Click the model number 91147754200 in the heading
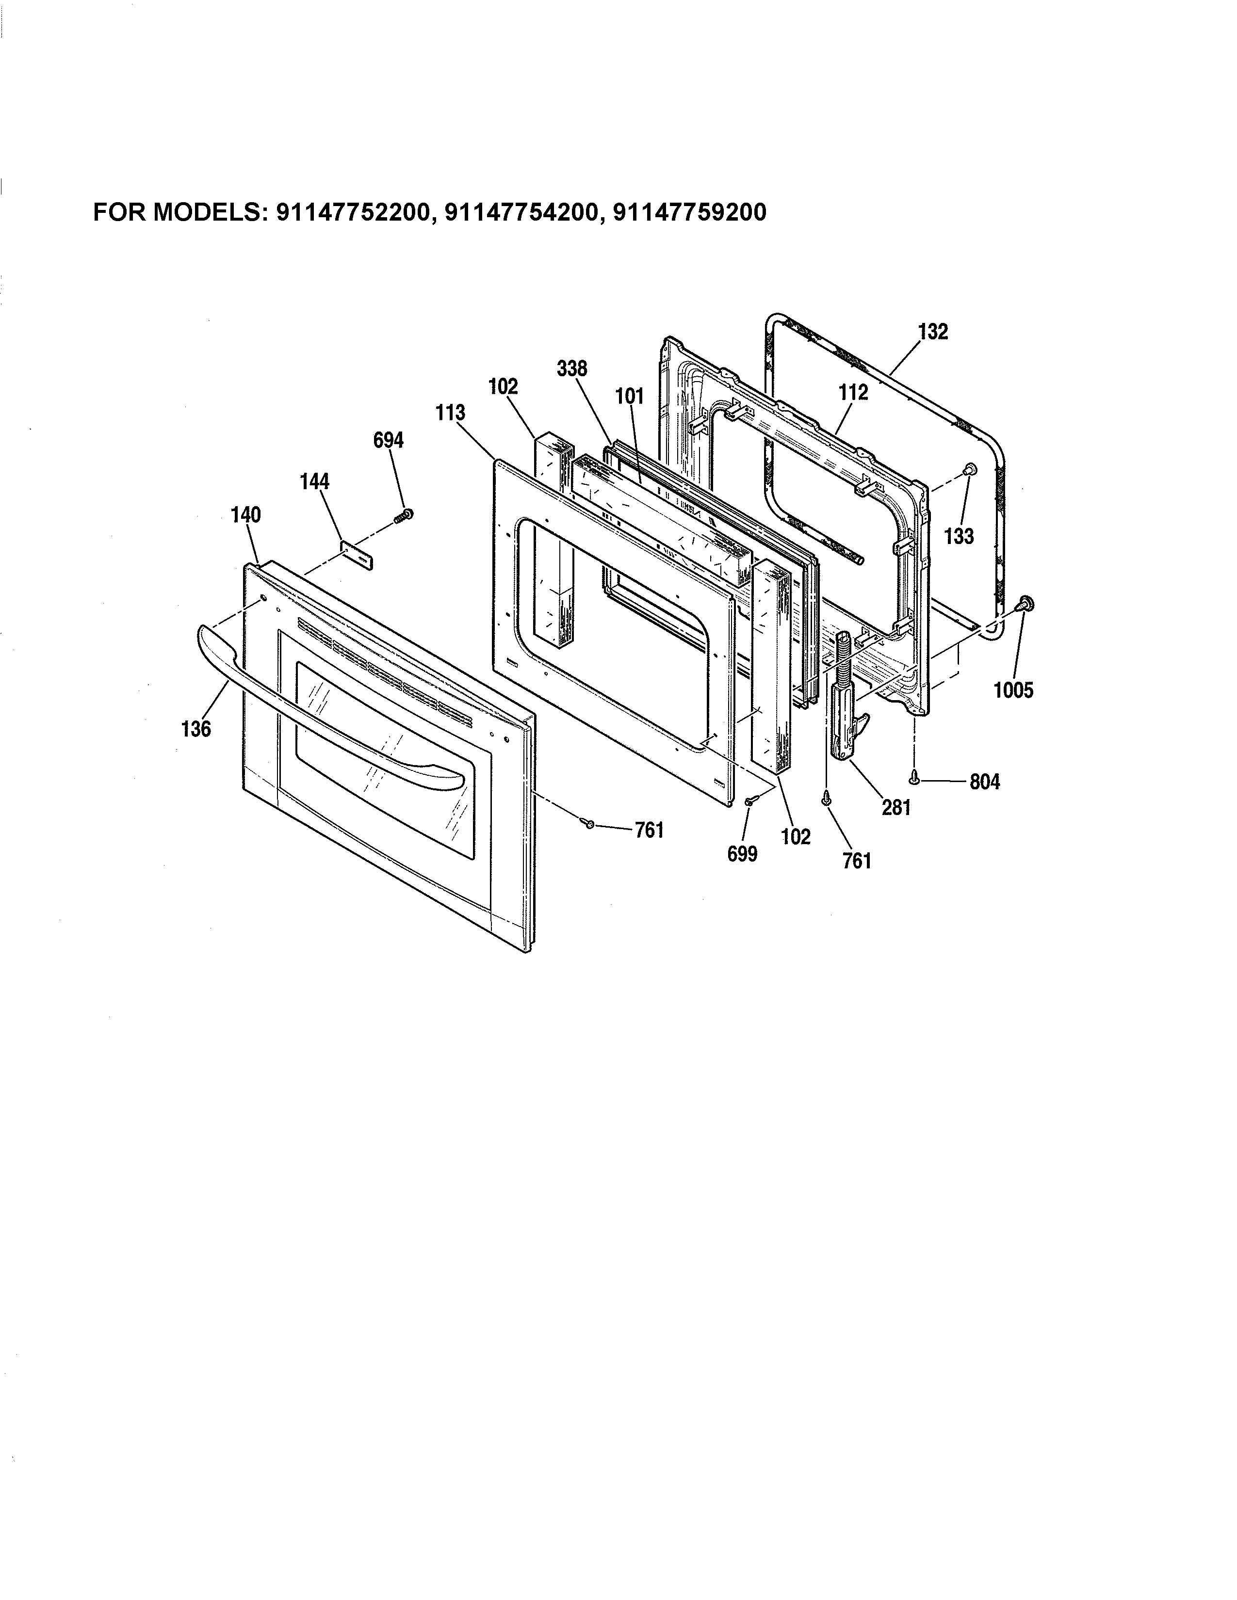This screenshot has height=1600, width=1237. pos(521,212)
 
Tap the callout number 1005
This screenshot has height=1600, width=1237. pos(1013,689)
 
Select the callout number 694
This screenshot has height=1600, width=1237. pos(389,440)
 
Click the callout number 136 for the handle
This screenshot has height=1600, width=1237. pos(195,728)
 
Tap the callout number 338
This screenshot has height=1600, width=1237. pos(571,368)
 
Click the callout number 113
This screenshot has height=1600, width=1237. pos(450,413)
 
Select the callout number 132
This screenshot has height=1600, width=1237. pos(933,332)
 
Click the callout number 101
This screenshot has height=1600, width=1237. pos(630,396)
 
